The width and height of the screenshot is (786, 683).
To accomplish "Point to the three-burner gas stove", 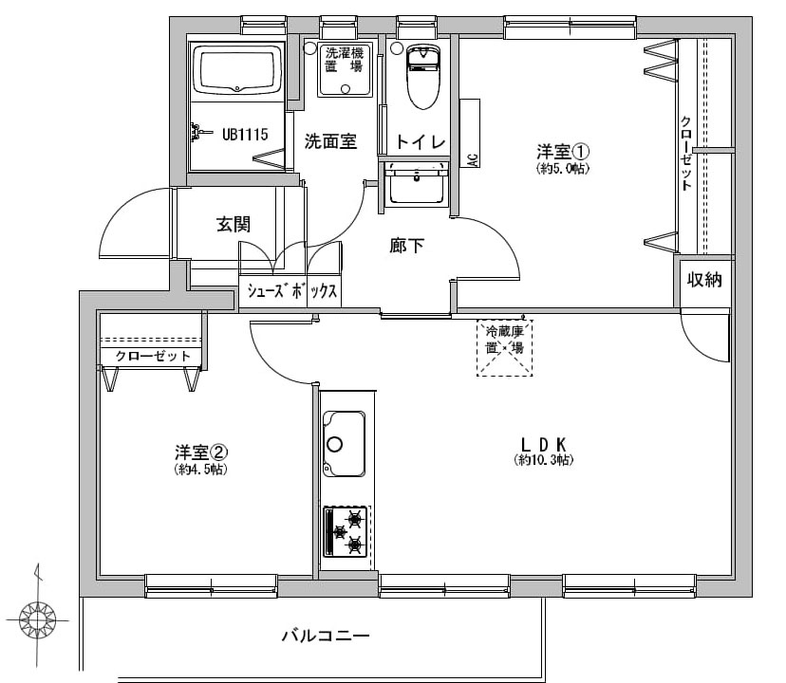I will point(346,531).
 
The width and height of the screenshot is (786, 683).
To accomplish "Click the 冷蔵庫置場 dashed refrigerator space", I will point(504,347).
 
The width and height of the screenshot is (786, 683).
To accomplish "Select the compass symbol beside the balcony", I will point(38,621).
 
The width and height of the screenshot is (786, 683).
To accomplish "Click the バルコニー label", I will point(325,635).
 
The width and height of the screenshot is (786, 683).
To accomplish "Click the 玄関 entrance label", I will point(233,225).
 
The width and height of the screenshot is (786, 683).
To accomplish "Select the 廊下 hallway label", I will point(407,246).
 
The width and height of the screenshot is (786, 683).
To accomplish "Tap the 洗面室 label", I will point(329,141).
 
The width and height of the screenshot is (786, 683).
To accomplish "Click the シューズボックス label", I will point(291,291).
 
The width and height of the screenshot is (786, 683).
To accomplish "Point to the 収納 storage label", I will point(705,279).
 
